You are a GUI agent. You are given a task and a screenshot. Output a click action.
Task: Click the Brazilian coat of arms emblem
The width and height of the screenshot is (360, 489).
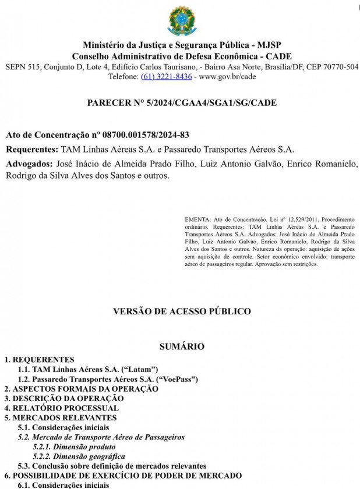point(182,21)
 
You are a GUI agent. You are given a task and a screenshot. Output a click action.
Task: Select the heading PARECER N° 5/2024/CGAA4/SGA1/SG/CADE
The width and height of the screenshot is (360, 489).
point(181,103)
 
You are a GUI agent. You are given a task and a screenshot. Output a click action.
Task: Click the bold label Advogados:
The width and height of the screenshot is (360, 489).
point(30,164)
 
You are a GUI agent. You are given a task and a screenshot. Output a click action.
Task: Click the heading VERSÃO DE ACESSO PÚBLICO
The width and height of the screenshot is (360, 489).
point(182,311)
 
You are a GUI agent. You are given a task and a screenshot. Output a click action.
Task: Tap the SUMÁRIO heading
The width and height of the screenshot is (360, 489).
point(182,346)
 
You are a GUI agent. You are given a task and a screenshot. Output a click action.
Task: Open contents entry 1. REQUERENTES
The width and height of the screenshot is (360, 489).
point(40,360)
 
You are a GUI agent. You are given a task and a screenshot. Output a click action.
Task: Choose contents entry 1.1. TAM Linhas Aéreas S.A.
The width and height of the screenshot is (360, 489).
point(88,369)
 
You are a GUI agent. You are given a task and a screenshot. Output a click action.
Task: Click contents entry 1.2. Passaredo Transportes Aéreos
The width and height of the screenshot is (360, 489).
point(108,379)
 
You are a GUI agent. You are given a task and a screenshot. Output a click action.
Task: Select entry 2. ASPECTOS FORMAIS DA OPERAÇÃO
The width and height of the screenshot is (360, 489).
point(81,388)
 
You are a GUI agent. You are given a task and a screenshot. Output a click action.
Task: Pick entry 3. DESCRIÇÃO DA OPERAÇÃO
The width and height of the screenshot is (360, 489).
point(64,398)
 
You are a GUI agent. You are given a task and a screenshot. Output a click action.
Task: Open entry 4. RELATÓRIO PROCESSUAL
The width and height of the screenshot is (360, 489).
point(62,408)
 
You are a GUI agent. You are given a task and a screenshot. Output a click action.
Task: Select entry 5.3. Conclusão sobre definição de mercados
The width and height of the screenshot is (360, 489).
point(112,466)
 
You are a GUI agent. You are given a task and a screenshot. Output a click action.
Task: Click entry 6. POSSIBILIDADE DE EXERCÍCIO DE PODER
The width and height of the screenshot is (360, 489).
point(123,476)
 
